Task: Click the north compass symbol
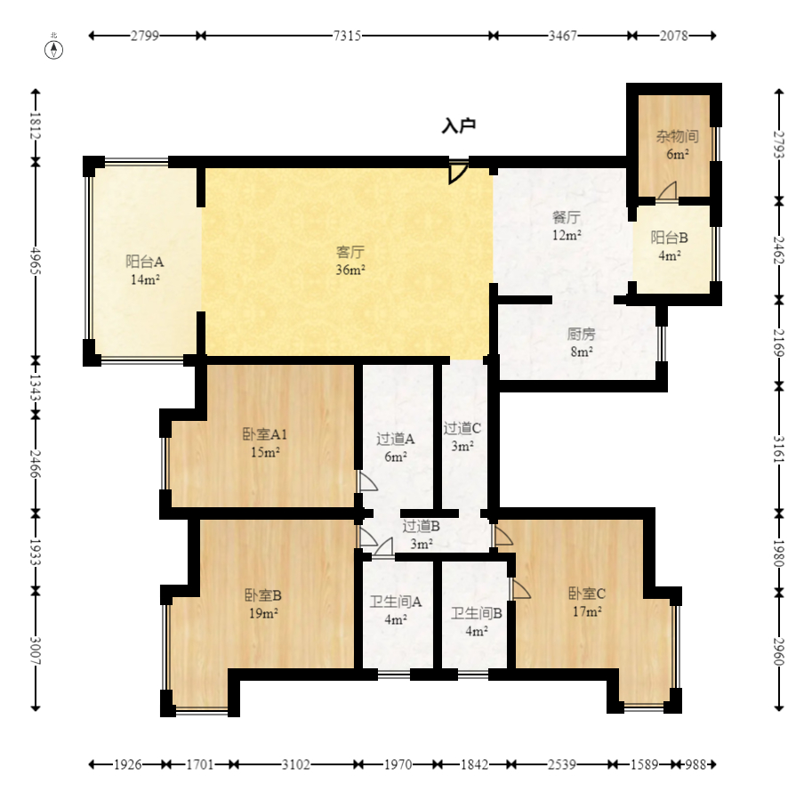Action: coord(54,48)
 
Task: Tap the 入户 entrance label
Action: coord(459,125)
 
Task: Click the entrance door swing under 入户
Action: coord(458,173)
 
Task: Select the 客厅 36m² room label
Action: coord(350,261)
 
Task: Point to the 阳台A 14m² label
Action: coord(145,271)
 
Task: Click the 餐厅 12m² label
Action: coord(566,226)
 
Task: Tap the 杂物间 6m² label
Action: coord(677,145)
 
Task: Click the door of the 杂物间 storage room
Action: coord(668,191)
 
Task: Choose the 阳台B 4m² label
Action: coord(669,246)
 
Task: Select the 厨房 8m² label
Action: coord(581,343)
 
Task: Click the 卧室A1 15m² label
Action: coord(264,443)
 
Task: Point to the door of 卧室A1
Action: coord(367,481)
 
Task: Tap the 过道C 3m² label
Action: coord(462,437)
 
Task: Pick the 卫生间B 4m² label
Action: coord(477,621)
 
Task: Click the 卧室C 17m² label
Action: coord(587,602)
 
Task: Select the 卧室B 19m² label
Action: coord(263,604)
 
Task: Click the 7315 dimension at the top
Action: coord(347,36)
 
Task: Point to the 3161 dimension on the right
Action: coord(779,448)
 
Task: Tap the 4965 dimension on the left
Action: coord(36,261)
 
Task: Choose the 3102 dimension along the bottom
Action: coord(296,764)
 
